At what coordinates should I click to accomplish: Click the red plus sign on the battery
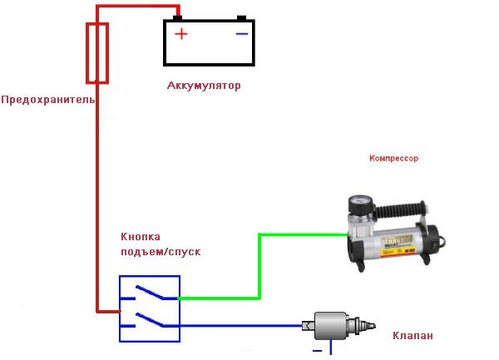click(181, 34)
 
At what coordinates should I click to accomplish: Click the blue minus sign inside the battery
click(241, 34)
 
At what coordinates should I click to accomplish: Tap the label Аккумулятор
click(204, 86)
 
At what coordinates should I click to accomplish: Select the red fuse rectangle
click(97, 53)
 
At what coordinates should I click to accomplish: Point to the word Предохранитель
click(48, 100)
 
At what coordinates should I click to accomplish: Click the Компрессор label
click(393, 158)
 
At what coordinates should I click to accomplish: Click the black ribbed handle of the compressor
click(400, 209)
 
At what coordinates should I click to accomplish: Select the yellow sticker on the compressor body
click(398, 245)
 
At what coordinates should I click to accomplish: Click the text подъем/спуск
click(161, 252)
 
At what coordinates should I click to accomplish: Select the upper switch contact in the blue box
click(150, 293)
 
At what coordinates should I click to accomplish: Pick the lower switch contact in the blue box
click(150, 320)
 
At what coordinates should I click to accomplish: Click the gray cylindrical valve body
click(330, 326)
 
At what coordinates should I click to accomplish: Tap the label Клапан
click(413, 336)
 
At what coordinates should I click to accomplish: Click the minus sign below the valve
click(318, 351)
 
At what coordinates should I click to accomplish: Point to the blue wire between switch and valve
click(240, 326)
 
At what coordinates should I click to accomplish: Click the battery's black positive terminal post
click(177, 18)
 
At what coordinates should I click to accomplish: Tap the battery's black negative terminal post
click(241, 18)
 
